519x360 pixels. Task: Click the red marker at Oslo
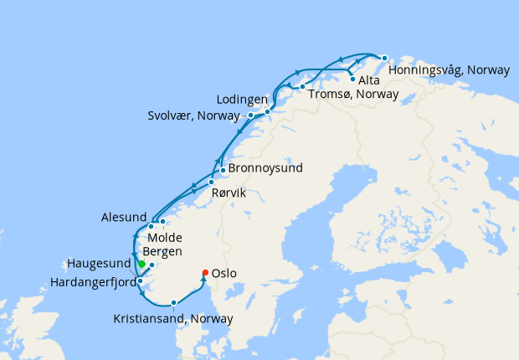(x=205, y=271)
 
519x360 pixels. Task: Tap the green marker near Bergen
(x=141, y=264)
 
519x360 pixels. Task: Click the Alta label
(x=369, y=81)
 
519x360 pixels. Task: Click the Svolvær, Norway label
(x=197, y=116)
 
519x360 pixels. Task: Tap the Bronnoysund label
(x=265, y=168)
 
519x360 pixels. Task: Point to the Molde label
(x=164, y=238)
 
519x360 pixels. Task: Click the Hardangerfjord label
(x=92, y=282)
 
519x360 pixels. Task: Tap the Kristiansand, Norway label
(x=173, y=318)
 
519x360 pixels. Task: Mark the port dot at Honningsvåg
(x=384, y=58)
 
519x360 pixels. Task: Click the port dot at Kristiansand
(x=173, y=303)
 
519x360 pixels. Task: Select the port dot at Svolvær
(x=251, y=115)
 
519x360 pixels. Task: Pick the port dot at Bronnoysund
(x=223, y=170)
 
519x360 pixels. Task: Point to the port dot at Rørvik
(x=211, y=182)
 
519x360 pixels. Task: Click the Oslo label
(x=224, y=273)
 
